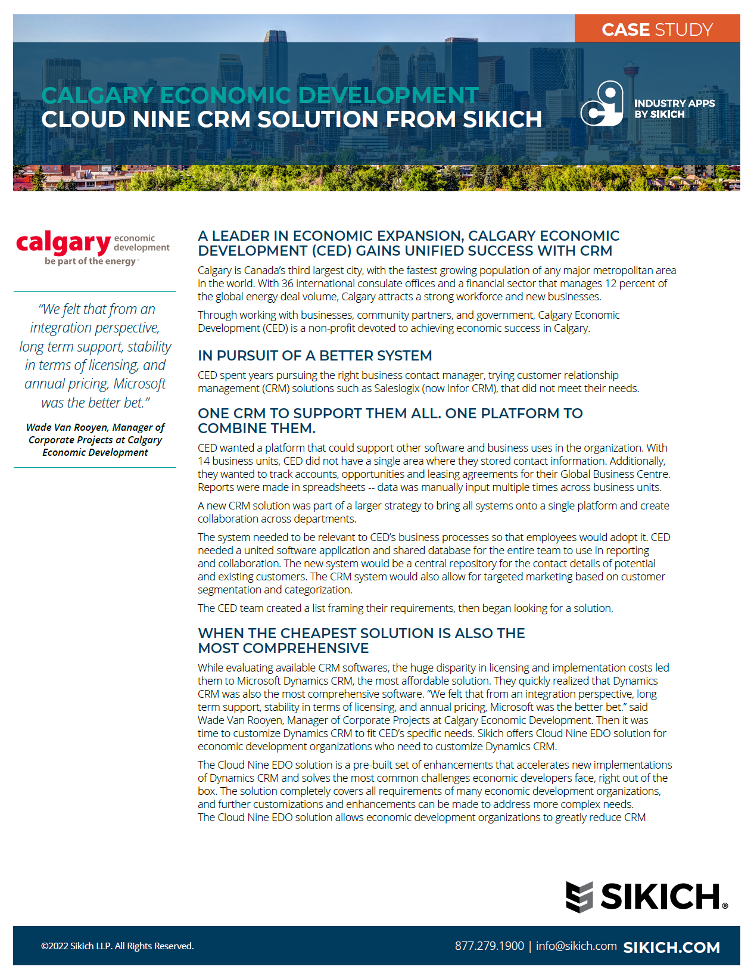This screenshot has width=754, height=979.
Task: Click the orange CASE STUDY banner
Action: tap(657, 29)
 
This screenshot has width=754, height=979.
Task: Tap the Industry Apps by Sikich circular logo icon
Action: tap(602, 104)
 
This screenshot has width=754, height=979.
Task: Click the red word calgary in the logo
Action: tap(63, 243)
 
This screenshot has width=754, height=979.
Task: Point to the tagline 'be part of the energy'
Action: tap(91, 261)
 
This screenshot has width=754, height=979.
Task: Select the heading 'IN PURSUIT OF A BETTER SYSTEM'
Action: tap(314, 356)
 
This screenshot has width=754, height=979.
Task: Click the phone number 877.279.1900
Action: tap(489, 946)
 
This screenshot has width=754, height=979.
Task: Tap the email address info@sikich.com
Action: tap(576, 946)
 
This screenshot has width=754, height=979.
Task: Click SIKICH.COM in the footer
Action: tap(671, 947)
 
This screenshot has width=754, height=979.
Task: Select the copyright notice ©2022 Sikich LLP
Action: tap(117, 946)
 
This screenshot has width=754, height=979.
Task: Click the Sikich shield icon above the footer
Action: tap(579, 897)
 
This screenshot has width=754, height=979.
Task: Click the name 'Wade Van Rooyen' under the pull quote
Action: tap(67, 427)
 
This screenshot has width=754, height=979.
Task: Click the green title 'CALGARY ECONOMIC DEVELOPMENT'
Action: tap(260, 95)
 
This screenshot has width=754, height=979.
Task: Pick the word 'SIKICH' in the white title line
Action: tap(502, 120)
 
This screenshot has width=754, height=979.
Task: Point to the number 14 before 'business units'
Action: tap(204, 461)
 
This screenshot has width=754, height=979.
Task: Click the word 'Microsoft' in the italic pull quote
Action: tap(139, 384)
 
